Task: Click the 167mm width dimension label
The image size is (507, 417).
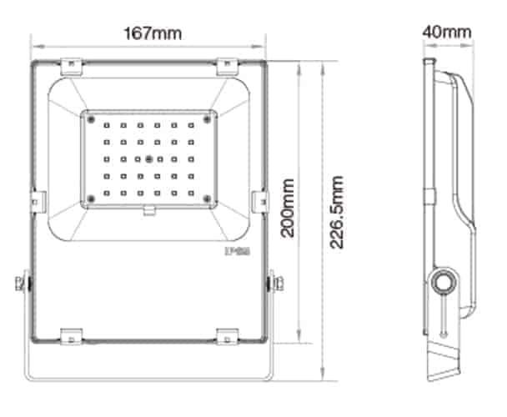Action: tap(152, 33)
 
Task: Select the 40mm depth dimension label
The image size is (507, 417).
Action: tap(447, 33)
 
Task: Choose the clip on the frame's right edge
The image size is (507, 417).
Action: tap(260, 200)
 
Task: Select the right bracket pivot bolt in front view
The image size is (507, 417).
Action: tap(273, 284)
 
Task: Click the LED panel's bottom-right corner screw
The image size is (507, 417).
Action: tap(206, 197)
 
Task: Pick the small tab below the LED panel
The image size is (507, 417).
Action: tap(148, 209)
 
